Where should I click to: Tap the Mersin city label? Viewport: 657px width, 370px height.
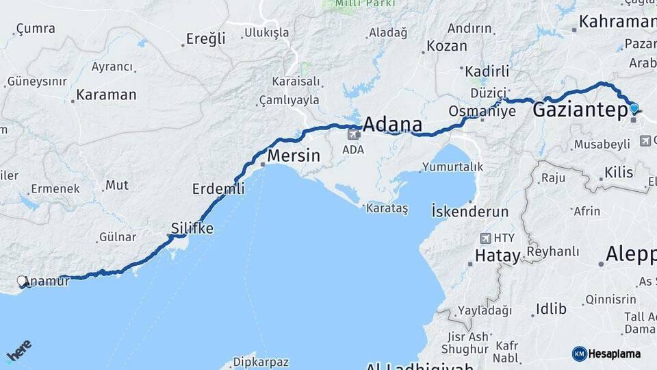[x=294, y=156]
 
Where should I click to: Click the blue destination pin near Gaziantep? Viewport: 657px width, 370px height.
[x=634, y=108]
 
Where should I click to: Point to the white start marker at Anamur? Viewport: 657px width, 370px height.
[x=23, y=281]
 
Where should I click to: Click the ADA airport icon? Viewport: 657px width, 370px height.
[x=354, y=134]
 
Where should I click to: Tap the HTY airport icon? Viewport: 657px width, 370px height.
[x=487, y=238]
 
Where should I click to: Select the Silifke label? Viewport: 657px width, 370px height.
[x=192, y=229]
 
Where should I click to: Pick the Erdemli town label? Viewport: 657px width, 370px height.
[x=218, y=189]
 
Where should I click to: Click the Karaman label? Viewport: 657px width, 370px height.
[x=106, y=95]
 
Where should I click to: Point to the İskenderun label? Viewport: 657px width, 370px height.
[x=470, y=211]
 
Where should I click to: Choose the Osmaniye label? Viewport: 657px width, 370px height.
[x=482, y=111]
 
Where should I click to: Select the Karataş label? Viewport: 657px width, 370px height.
[x=387, y=208]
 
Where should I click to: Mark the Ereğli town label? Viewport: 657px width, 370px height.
[x=206, y=39]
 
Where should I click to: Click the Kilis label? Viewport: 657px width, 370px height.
[x=619, y=173]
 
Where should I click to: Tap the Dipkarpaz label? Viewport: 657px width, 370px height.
[x=261, y=362]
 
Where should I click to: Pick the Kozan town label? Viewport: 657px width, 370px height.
[x=447, y=47]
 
